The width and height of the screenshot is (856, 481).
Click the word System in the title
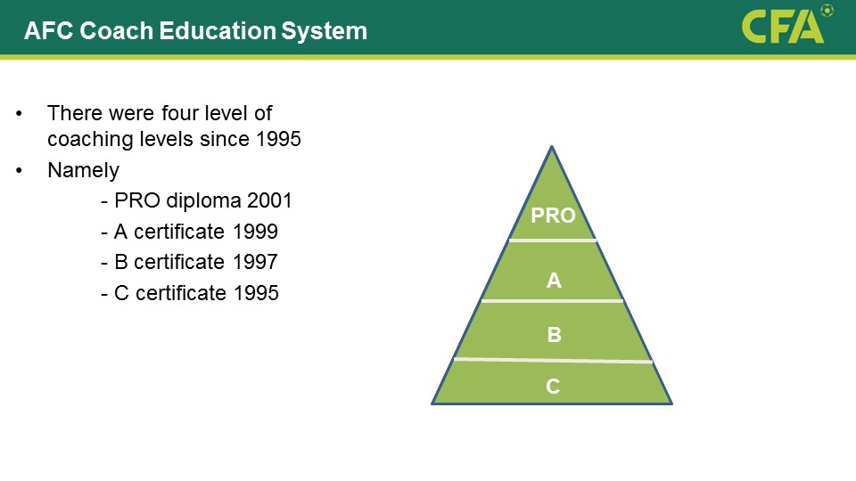tap(324, 31)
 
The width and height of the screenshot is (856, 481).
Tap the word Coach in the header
tap(116, 30)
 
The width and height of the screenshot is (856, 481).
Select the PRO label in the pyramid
tap(553, 216)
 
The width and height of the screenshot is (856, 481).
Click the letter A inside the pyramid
tap(554, 281)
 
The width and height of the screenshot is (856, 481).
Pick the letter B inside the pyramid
tap(554, 334)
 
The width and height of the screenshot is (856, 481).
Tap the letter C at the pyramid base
tap(553, 386)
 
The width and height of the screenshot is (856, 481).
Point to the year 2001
tap(269, 200)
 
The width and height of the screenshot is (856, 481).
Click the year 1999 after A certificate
tap(255, 232)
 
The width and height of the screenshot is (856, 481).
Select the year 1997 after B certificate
tap(255, 262)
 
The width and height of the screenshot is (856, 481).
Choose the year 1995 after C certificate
tap(256, 293)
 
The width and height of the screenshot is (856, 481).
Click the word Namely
tap(83, 171)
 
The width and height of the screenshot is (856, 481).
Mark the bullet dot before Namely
tap(19, 171)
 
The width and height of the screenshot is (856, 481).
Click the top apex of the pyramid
tap(552, 146)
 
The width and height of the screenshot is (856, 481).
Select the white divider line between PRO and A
tap(553, 240)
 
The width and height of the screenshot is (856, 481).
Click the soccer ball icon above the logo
tap(827, 11)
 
